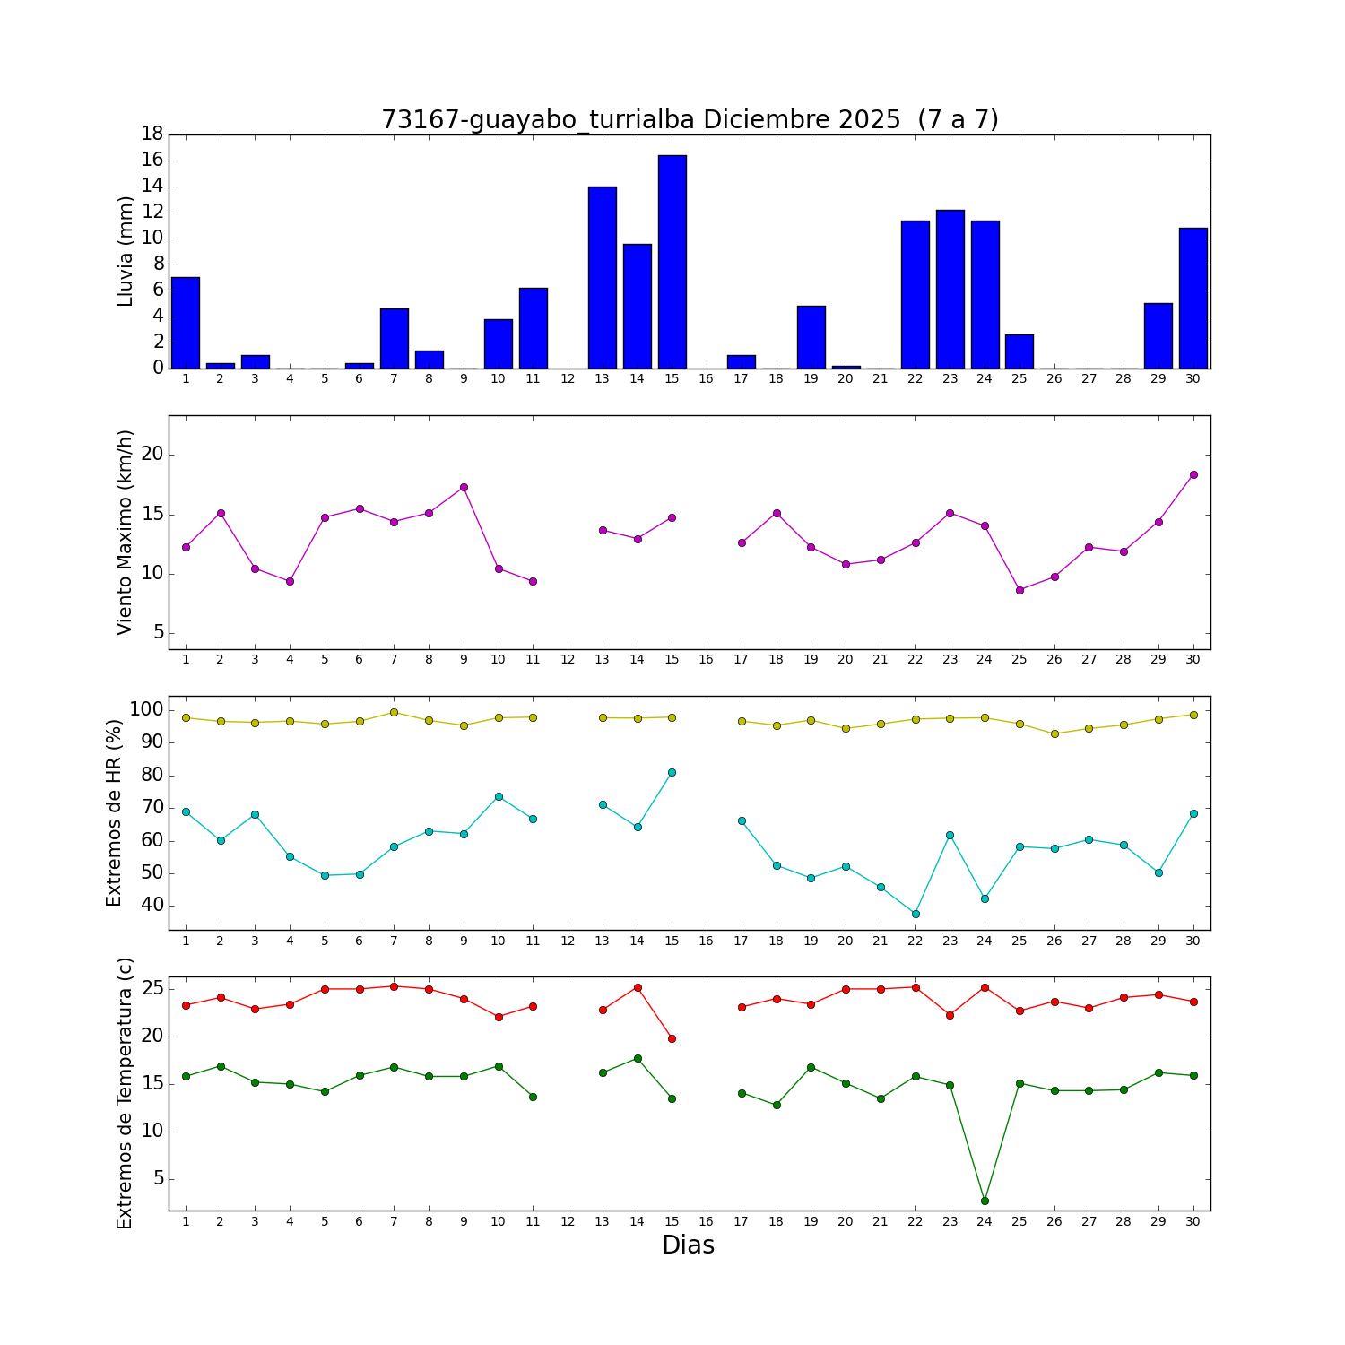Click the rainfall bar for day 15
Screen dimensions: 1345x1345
point(672,262)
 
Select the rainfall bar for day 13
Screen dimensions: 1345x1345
point(603,277)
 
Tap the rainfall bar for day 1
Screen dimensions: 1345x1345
point(186,323)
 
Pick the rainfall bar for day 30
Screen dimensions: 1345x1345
point(1193,298)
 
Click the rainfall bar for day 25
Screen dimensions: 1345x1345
point(1019,351)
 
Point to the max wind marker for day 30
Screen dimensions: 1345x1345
point(1193,474)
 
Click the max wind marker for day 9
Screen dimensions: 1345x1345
point(464,487)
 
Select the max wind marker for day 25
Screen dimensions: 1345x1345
point(1020,590)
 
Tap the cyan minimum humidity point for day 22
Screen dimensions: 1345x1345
point(915,914)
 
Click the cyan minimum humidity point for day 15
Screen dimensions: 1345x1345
point(672,772)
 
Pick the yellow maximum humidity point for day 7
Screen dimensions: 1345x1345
point(394,712)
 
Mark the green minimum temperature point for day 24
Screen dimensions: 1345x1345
point(985,1201)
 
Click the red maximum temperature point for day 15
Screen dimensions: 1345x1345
point(672,1038)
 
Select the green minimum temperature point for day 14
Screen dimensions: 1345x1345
point(638,1058)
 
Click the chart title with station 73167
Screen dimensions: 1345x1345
point(690,119)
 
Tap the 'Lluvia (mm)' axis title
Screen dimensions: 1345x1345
point(126,252)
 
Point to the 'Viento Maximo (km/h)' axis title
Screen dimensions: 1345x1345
point(126,533)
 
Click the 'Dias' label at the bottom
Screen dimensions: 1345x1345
point(688,1245)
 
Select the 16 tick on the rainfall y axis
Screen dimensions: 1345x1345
point(152,160)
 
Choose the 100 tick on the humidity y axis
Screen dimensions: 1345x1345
point(146,709)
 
